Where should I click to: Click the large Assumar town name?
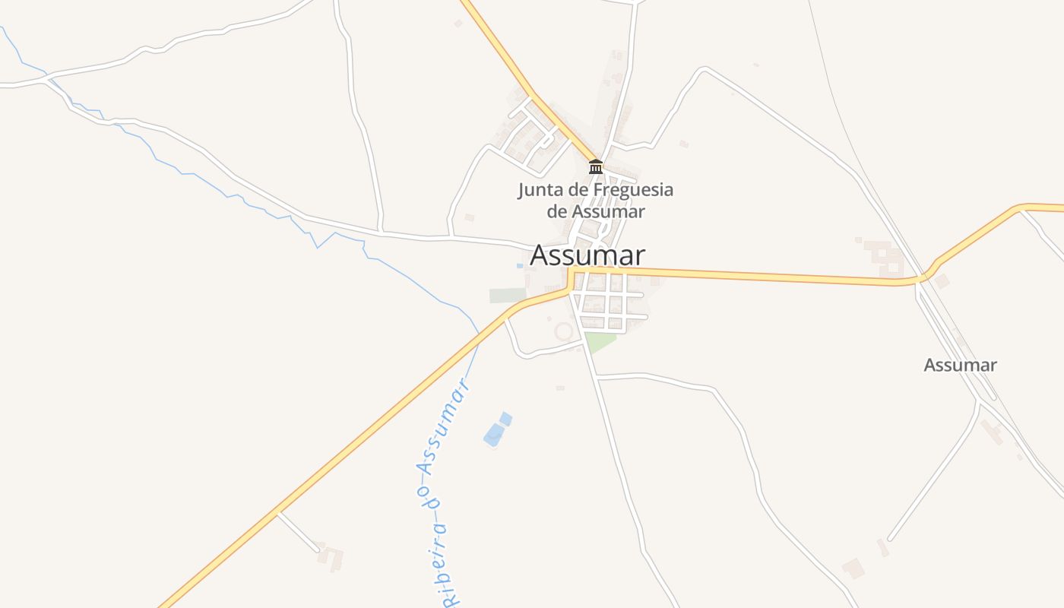587,255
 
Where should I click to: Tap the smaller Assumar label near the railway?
960,366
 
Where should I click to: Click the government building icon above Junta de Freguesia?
596,166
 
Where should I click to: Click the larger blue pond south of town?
493,435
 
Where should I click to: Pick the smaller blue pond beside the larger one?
505,418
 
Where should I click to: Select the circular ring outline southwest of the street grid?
564,331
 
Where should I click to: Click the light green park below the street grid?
599,341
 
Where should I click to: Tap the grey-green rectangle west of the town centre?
507,296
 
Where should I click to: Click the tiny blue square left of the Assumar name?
520,266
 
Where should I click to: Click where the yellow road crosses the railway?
923,278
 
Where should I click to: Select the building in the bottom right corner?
853,568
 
